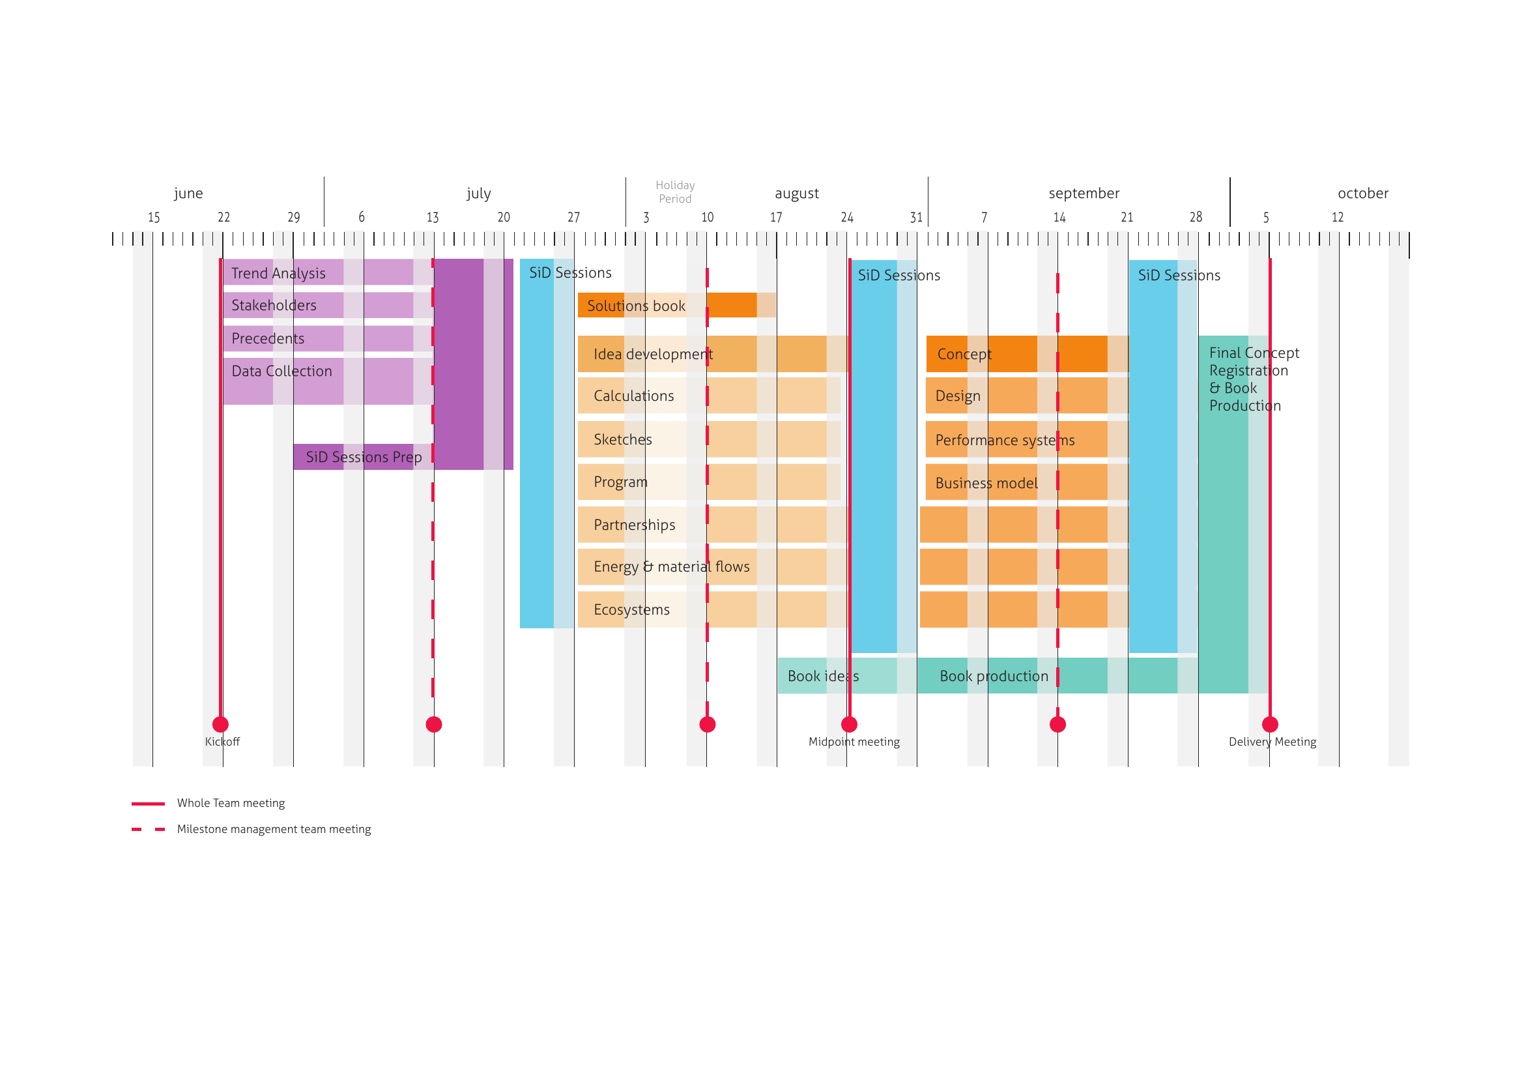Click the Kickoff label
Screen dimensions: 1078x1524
click(x=222, y=742)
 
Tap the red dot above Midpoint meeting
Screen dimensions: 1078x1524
click(x=849, y=724)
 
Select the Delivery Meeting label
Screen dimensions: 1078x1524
click(x=1272, y=742)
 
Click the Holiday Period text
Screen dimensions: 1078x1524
click(x=675, y=192)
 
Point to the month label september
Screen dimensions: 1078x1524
click(x=1084, y=193)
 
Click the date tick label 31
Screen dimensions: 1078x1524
click(x=916, y=218)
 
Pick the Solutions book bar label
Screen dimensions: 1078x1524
click(x=635, y=306)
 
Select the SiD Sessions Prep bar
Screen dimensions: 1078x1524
click(x=363, y=457)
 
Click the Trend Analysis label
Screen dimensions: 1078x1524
click(x=278, y=274)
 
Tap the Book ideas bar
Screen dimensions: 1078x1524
click(x=822, y=676)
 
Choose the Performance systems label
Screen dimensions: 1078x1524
click(x=1004, y=440)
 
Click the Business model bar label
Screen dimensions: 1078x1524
click(x=986, y=483)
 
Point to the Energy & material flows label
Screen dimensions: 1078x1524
click(x=671, y=567)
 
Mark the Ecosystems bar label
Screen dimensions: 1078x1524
click(x=631, y=609)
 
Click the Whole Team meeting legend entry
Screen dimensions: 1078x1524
click(x=230, y=803)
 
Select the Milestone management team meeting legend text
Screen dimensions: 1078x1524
click(x=274, y=829)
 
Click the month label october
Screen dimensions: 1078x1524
click(x=1362, y=193)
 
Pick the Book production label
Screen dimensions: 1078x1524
click(x=994, y=676)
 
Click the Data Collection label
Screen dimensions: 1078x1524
click(x=281, y=371)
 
